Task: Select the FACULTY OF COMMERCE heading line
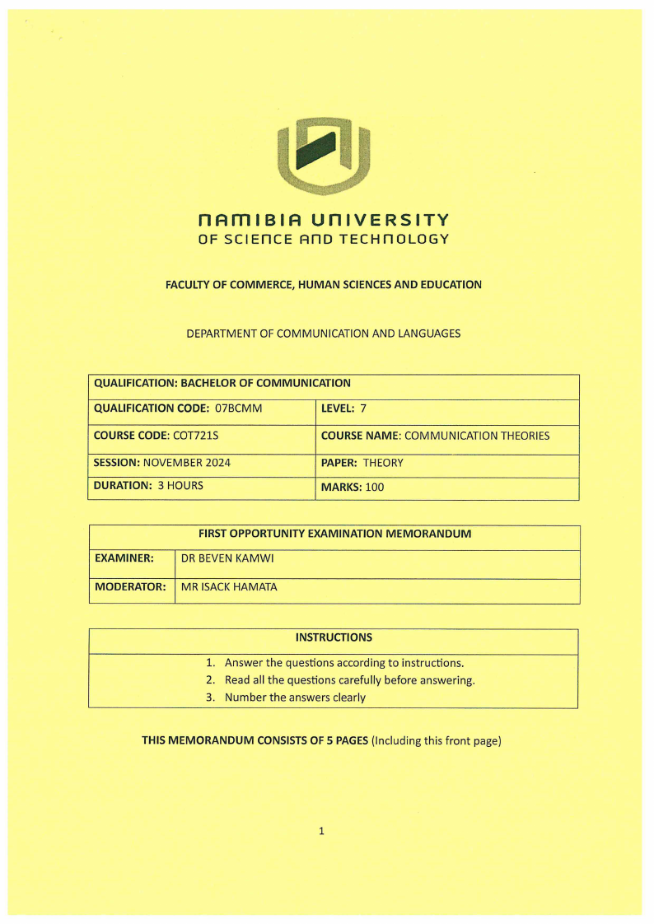(x=324, y=285)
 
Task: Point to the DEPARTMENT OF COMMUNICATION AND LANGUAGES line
(x=324, y=334)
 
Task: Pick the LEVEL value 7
(x=362, y=408)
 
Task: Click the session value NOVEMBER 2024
(x=187, y=463)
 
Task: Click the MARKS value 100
(x=375, y=488)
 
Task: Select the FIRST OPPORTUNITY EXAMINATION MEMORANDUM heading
(x=334, y=534)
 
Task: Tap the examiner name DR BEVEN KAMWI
(x=227, y=558)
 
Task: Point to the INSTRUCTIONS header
(x=334, y=637)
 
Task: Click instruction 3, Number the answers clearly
(x=295, y=698)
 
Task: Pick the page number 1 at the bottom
(x=321, y=831)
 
